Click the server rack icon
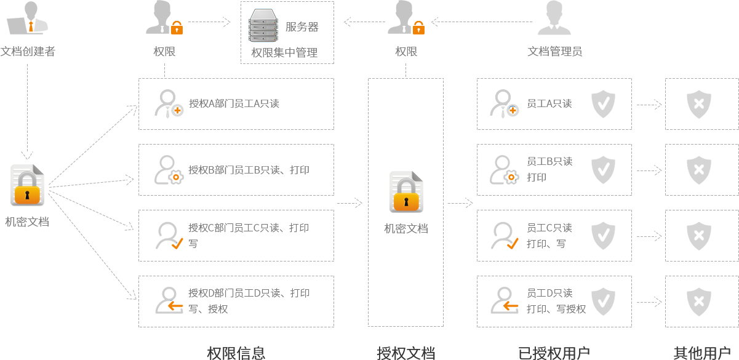(x=263, y=25)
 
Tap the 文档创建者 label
(x=28, y=52)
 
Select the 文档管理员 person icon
(x=554, y=17)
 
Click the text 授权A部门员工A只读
(x=234, y=103)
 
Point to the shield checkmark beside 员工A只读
(x=603, y=104)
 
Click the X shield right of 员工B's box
(x=699, y=170)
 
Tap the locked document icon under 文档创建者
(x=28, y=185)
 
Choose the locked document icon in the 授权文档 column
(x=406, y=192)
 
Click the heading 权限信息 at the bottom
(x=236, y=353)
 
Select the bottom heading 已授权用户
(x=554, y=353)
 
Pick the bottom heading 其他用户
(x=702, y=353)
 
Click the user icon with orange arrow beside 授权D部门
(x=169, y=300)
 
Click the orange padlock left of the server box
(x=177, y=28)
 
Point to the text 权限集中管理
(x=284, y=52)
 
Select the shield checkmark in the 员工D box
(x=603, y=302)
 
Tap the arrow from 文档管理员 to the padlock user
(x=482, y=22)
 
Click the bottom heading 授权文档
(x=406, y=353)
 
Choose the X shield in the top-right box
(x=699, y=104)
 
